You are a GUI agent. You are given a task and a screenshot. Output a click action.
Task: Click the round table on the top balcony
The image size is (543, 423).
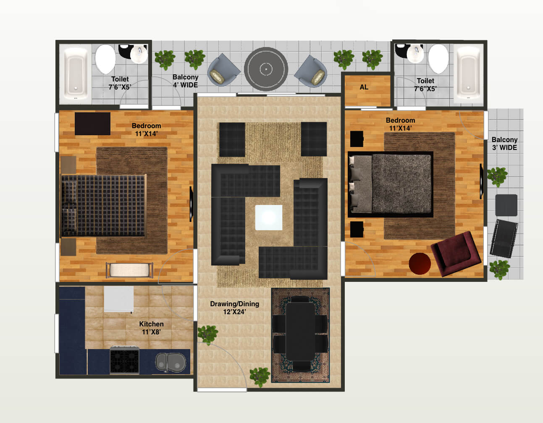[266, 69]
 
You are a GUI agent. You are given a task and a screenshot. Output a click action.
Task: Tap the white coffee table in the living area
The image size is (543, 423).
[269, 217]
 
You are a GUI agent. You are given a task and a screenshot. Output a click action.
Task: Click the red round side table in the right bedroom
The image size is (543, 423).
[420, 263]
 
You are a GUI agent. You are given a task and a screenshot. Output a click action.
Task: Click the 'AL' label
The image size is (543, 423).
[364, 87]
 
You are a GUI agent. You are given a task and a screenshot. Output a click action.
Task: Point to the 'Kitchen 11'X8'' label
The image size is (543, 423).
[151, 328]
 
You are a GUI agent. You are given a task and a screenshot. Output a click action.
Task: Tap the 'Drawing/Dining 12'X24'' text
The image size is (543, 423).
[234, 308]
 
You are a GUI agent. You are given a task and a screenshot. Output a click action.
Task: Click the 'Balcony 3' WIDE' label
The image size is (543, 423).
[504, 144]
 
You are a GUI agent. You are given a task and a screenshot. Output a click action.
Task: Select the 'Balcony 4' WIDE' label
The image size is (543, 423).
[185, 81]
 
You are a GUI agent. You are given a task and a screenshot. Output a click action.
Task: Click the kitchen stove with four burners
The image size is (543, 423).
[125, 360]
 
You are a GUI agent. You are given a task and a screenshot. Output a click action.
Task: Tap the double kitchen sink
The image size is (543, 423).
[171, 362]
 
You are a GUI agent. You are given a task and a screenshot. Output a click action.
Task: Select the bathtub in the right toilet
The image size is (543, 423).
[469, 74]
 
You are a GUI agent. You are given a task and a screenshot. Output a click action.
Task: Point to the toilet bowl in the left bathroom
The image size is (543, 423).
[105, 59]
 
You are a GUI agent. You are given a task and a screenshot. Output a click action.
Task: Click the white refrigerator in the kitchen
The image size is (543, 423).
[119, 300]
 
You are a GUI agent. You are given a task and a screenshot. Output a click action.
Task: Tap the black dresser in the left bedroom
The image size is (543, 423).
[92, 123]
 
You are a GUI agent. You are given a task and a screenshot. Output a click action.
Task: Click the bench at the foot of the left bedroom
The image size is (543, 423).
[129, 270]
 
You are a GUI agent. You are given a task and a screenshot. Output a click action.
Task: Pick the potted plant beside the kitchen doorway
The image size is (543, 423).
[207, 334]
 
